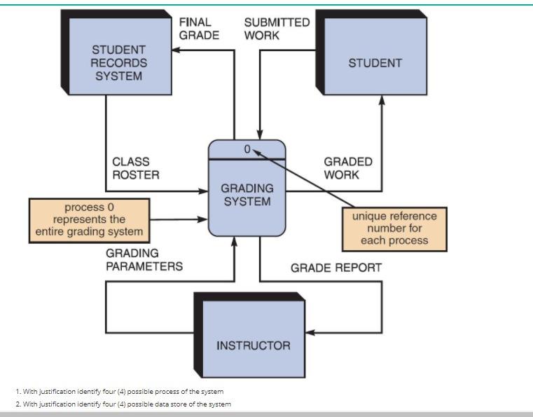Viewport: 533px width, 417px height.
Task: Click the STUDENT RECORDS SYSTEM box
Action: point(118,63)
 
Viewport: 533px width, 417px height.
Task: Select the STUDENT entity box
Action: point(375,63)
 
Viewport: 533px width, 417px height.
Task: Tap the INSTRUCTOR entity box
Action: point(253,345)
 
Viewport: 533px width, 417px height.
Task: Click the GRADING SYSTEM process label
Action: point(247,195)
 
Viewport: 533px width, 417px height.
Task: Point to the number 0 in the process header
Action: point(247,149)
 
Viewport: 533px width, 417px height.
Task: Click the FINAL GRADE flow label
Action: point(199,29)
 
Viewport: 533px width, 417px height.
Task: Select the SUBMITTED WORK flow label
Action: point(277,29)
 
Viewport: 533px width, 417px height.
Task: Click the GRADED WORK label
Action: point(348,168)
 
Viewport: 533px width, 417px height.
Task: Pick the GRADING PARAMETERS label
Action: point(144,259)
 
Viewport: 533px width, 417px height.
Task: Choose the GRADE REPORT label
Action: point(336,267)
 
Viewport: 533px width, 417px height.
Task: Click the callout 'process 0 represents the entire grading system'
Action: point(89,219)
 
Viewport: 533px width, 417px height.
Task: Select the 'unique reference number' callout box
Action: point(394,229)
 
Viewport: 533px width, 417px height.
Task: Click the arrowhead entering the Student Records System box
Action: point(178,50)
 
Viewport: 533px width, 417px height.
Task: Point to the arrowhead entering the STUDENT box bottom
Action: point(382,100)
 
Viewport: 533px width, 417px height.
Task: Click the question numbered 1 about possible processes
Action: point(120,391)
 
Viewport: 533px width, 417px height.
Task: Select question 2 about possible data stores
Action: point(123,404)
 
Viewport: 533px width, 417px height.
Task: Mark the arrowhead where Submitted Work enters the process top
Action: point(260,135)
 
